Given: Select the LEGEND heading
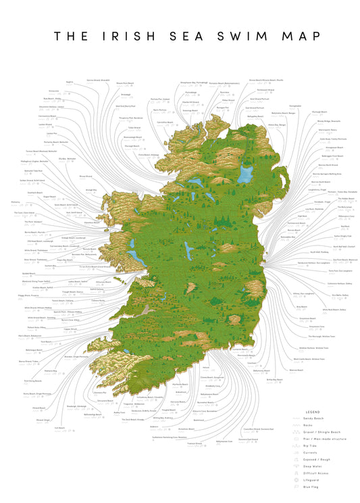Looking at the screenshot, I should pyautogui.click(x=312, y=411).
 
